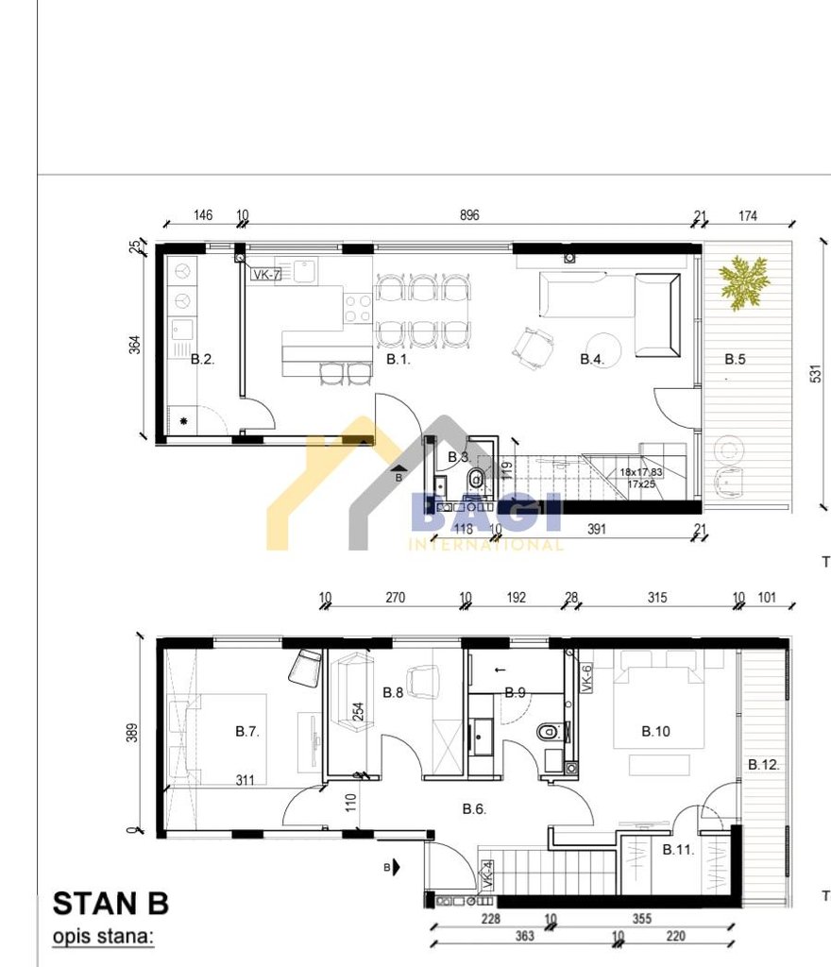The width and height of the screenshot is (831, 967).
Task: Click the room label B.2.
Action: coord(202,359)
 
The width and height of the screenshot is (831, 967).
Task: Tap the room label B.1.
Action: coord(398,359)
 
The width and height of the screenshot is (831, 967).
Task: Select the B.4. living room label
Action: coord(592,359)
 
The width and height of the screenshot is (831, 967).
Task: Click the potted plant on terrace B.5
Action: coord(742,280)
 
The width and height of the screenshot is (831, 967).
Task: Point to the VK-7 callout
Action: coord(266,275)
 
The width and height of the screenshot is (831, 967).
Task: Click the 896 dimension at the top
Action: coord(469,215)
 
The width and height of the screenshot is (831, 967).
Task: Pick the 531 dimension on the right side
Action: coord(816,375)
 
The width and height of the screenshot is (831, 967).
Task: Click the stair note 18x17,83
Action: coord(641,472)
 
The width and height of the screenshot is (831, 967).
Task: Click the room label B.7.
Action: coord(247,730)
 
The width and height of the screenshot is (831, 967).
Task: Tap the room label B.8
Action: coord(393,692)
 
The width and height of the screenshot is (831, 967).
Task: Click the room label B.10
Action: coord(655,730)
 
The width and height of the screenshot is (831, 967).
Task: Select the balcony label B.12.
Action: coord(764,764)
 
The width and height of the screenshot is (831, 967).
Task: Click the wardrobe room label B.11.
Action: coord(678,850)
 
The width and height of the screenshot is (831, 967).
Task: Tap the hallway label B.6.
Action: coord(474,808)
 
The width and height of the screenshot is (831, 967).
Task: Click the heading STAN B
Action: coord(110,904)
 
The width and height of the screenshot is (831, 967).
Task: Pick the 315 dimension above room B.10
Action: coord(657,598)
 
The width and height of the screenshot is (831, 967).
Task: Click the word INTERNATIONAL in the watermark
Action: coord(485,544)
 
